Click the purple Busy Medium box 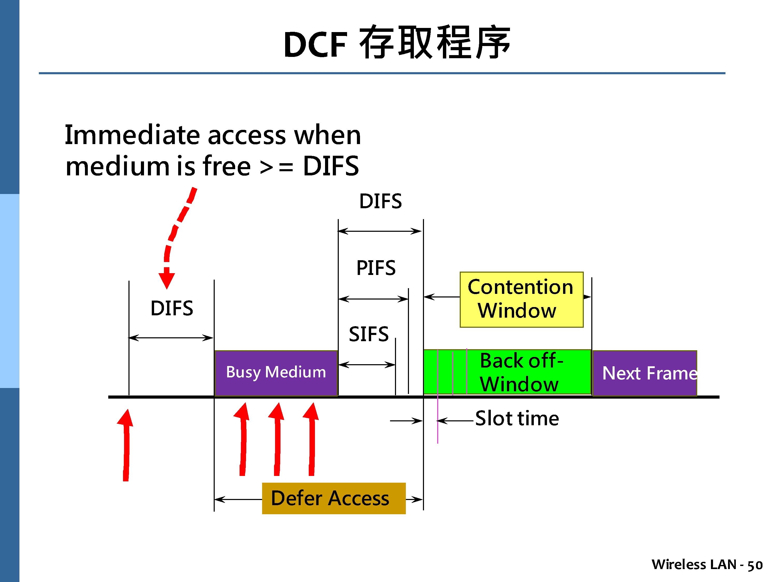point(276,373)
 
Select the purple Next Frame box point(645,373)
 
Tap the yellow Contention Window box point(521,299)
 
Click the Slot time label point(517,419)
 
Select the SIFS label point(369,334)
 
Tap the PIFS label point(376,268)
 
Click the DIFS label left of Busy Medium point(172,308)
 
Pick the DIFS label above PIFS point(380,201)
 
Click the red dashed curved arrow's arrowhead point(167,279)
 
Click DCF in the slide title point(315,45)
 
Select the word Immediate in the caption point(132,135)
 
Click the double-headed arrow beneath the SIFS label point(367,365)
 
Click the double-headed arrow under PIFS point(373,299)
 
